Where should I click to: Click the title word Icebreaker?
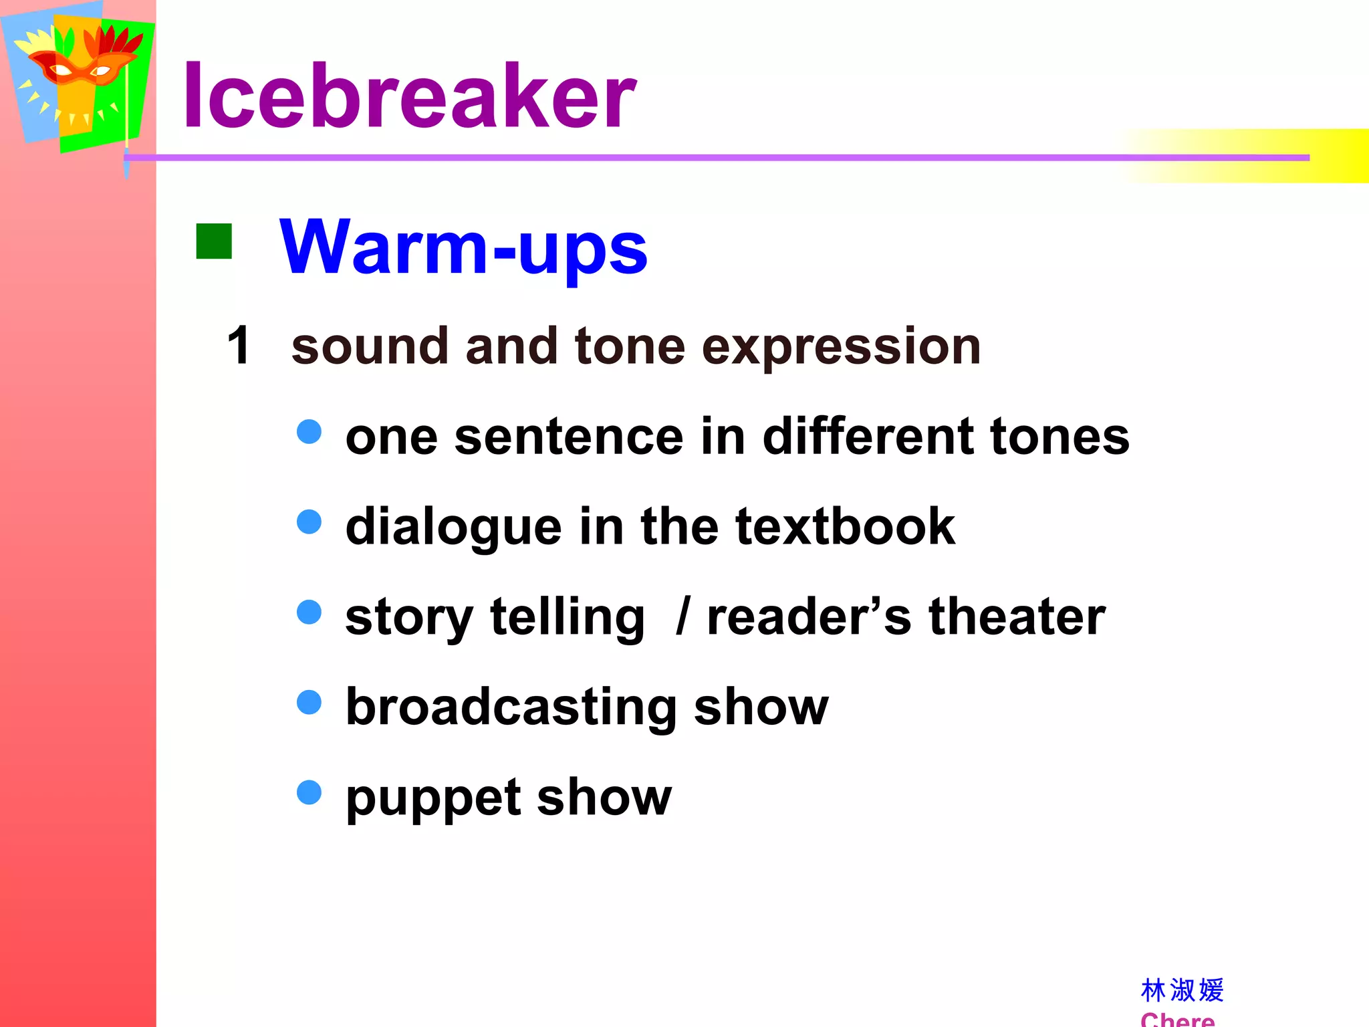click(x=409, y=95)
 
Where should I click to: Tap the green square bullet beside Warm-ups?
click(x=214, y=241)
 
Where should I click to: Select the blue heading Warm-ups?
click(x=463, y=247)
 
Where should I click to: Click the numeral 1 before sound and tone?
click(x=239, y=346)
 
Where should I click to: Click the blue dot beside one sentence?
click(x=309, y=431)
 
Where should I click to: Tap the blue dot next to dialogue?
click(x=309, y=522)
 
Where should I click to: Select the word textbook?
click(x=845, y=526)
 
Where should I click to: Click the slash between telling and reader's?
click(x=682, y=616)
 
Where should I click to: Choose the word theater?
click(x=1017, y=616)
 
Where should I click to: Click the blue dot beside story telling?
click(x=309, y=612)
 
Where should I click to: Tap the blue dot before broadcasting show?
click(x=309, y=702)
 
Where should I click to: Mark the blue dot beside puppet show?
click(x=309, y=792)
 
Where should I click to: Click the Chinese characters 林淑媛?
click(x=1182, y=990)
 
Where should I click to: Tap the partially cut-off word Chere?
click(x=1177, y=1020)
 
